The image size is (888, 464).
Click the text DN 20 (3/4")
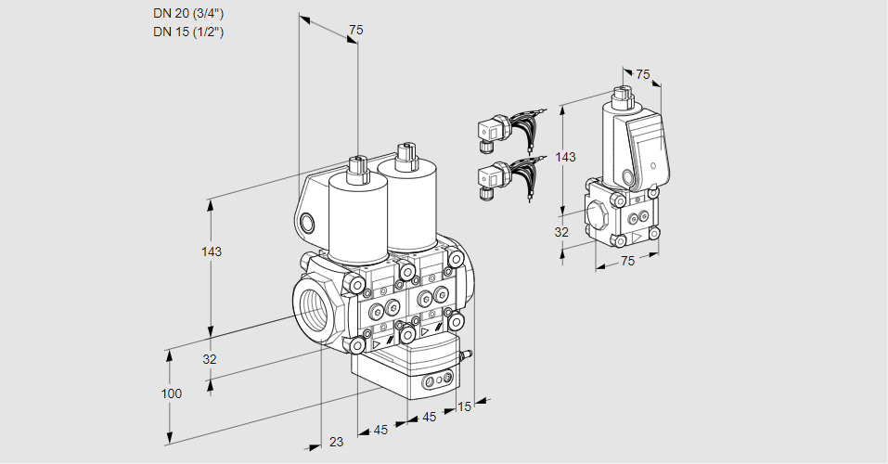(188, 14)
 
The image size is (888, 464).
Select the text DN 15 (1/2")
(188, 32)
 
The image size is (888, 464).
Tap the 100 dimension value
(171, 393)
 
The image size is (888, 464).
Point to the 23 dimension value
(336, 442)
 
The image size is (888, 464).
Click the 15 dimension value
(464, 406)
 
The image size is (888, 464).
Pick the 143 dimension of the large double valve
(212, 252)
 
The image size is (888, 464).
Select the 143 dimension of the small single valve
(564, 157)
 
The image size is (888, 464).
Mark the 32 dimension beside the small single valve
(561, 232)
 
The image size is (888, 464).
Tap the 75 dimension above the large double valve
(355, 31)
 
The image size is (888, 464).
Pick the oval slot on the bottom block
(437, 380)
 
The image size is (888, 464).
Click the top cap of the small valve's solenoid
(623, 93)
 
